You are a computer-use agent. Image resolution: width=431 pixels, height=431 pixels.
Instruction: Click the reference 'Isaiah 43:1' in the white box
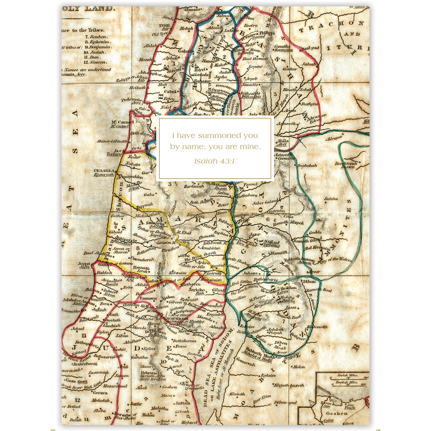tap(214, 161)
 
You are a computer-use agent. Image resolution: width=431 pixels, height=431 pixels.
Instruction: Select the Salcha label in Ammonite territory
tap(331, 199)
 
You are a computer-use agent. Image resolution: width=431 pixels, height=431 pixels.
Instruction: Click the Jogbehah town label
tap(307, 166)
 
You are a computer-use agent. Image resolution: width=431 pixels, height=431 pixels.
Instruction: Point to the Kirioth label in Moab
tap(237, 394)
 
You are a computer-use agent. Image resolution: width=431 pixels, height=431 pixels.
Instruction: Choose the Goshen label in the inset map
tap(337, 413)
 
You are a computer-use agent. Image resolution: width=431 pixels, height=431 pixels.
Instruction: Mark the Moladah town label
tap(101, 400)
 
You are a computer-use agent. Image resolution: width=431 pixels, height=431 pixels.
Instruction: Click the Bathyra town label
tap(309, 104)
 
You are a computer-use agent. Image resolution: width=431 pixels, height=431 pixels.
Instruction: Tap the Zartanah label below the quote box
tap(194, 186)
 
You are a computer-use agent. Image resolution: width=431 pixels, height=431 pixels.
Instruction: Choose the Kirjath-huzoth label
tap(289, 385)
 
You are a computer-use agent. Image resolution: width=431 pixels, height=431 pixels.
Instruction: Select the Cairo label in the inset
tap(328, 421)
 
